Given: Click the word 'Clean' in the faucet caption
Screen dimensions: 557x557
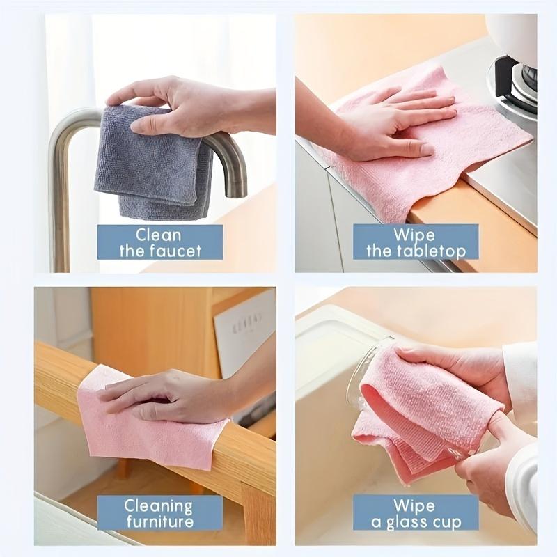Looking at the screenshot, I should tap(159, 235).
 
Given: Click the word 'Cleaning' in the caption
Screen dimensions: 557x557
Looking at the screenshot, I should tap(159, 505).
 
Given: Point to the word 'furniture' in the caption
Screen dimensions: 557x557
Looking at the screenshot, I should tap(159, 521).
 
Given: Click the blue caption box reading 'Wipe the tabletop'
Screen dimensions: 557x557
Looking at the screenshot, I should tap(416, 242).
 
